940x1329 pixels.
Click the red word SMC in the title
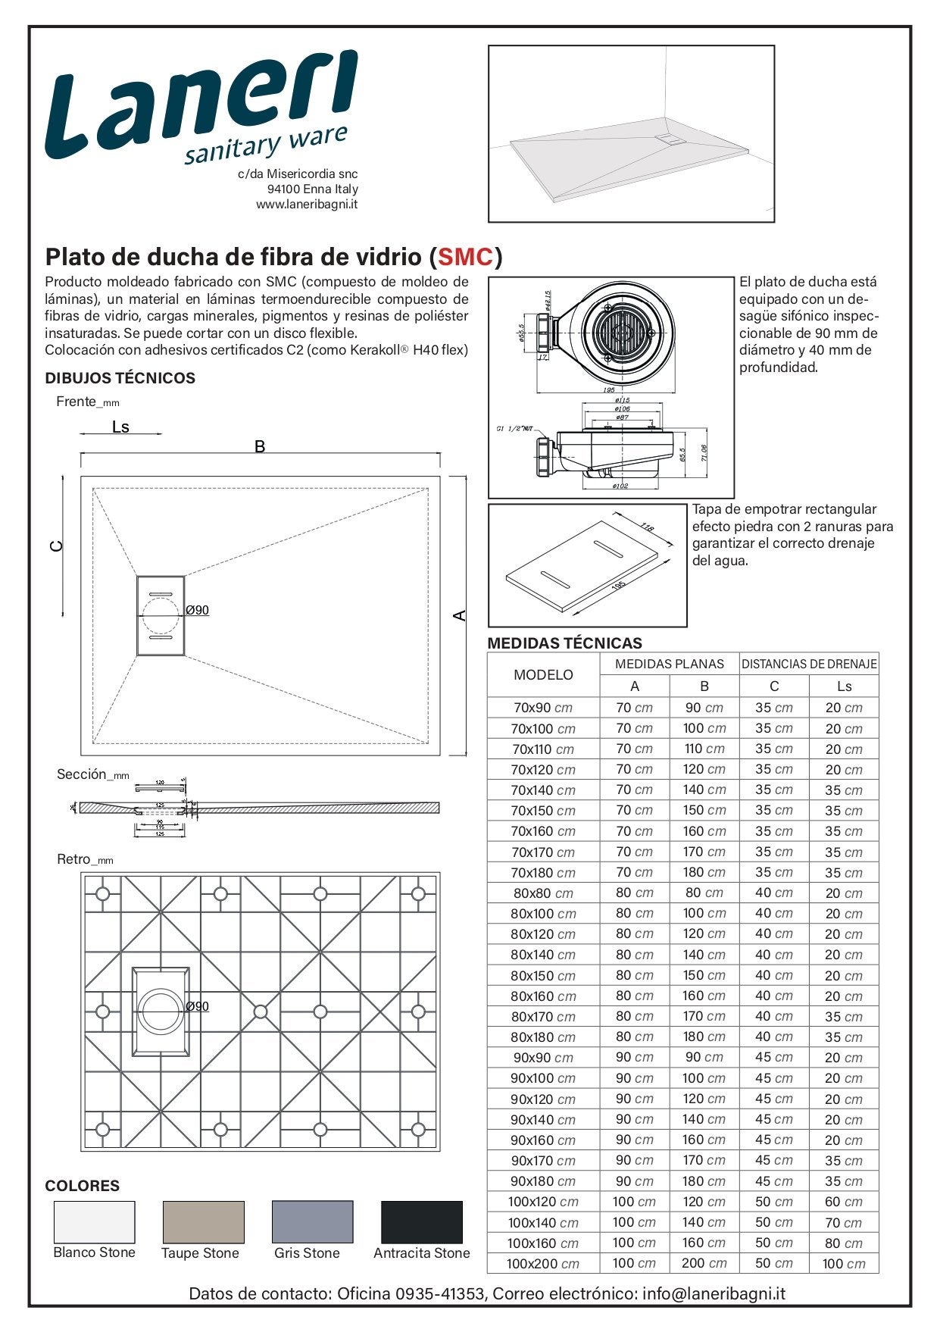(466, 257)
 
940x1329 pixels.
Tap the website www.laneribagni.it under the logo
(307, 205)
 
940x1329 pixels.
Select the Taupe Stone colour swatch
(203, 1221)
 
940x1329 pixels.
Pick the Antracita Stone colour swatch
(421, 1221)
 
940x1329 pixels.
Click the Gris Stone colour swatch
(312, 1221)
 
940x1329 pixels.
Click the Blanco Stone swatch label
(94, 1252)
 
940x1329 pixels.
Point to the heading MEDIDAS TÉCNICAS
(564, 643)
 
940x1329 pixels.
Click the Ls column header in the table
(844, 686)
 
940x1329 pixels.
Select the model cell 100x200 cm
(543, 1264)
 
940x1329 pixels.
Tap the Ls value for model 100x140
(844, 1223)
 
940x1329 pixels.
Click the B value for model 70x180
(704, 873)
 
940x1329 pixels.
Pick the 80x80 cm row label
(543, 893)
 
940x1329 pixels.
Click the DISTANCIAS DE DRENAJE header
(808, 664)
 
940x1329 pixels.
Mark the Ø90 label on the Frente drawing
(198, 610)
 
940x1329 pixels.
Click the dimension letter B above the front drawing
(260, 446)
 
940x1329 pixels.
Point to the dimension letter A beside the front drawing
(460, 615)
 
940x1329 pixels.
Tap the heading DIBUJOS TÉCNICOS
(120, 378)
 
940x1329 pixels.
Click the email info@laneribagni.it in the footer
(714, 1293)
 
